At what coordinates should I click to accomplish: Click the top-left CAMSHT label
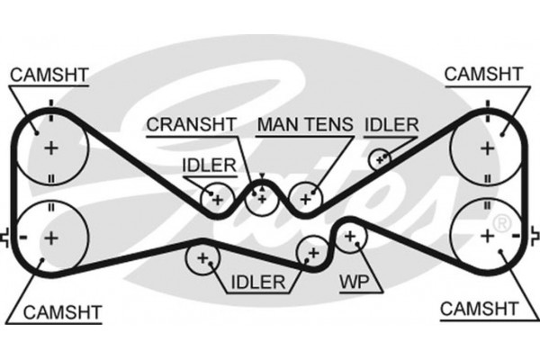click(49, 74)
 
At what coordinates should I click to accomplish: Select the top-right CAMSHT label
click(483, 71)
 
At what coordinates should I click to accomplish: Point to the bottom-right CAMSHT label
click(480, 309)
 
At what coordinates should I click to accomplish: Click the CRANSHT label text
click(191, 123)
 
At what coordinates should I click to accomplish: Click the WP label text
click(354, 281)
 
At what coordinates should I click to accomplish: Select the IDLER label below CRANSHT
click(209, 165)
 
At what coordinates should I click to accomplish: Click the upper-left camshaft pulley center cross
click(51, 146)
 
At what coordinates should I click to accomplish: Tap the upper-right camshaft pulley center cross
click(487, 146)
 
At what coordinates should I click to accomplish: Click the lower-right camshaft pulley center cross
click(487, 236)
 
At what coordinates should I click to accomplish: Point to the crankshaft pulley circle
click(262, 194)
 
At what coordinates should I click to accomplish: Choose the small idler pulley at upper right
click(381, 158)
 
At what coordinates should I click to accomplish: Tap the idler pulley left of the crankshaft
click(216, 196)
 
